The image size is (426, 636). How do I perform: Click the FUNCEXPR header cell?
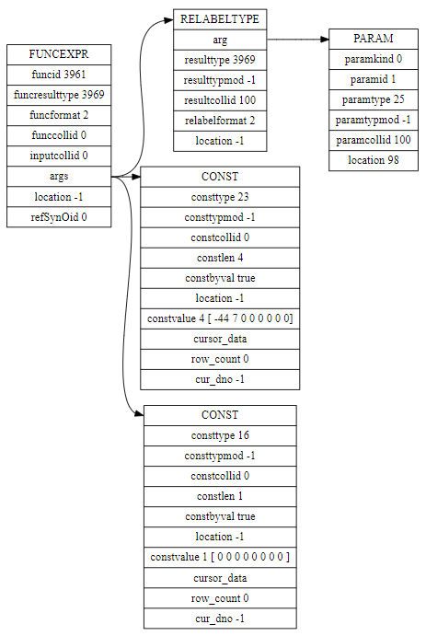[59, 54]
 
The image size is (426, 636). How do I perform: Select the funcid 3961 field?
[59, 75]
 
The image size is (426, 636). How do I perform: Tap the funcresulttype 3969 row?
[59, 96]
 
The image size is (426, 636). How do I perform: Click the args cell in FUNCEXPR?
[59, 177]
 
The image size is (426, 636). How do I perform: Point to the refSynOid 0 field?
[59, 217]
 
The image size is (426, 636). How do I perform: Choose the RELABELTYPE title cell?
[220, 19]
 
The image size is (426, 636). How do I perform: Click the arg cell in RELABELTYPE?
[220, 40]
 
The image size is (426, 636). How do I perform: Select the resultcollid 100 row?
[220, 100]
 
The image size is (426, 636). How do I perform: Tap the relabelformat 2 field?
[220, 121]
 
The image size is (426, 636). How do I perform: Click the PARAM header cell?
[374, 39]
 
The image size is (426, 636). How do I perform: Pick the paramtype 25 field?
[374, 99]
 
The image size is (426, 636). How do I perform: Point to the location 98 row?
[374, 161]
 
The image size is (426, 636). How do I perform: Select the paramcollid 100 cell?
[374, 140]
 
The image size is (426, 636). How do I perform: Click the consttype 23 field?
[220, 197]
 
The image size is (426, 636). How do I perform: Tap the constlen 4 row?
[220, 258]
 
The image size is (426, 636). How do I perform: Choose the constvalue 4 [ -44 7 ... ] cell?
[220, 318]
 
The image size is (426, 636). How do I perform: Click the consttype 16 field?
[220, 435]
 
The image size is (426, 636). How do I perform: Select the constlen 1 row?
[220, 496]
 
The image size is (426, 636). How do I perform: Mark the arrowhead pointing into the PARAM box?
[324, 40]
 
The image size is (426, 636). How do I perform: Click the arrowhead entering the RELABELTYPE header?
[169, 20]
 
